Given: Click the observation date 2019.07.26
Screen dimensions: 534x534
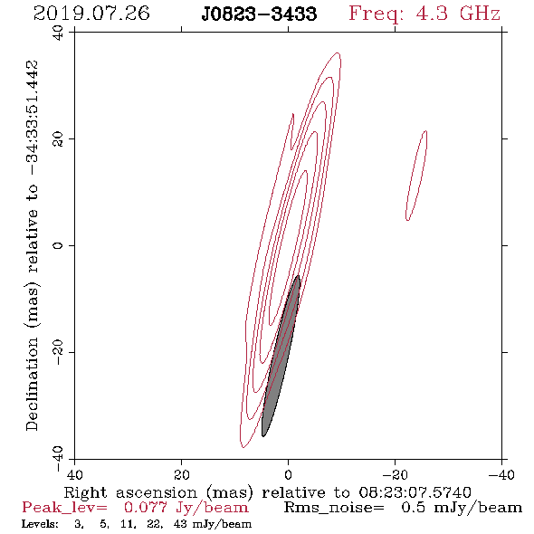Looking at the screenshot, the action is click(x=91, y=14).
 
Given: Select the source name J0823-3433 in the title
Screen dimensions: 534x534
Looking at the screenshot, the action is click(x=259, y=14).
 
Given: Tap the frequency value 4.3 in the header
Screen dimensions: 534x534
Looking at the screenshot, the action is click(x=432, y=14).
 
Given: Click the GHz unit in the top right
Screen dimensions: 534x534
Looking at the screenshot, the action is click(x=480, y=14).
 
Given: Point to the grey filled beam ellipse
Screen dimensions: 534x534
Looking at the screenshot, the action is click(x=281, y=356).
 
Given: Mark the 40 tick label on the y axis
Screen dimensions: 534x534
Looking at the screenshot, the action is click(x=58, y=33).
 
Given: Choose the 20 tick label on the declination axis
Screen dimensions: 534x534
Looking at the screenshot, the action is click(x=58, y=139).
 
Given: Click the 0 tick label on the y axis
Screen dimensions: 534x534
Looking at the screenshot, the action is click(x=58, y=245).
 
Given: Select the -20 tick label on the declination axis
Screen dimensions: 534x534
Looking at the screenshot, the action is click(x=58, y=352).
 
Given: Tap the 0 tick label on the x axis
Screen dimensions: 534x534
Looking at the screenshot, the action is click(x=288, y=474).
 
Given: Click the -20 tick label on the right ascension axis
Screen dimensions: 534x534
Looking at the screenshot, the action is click(x=395, y=474).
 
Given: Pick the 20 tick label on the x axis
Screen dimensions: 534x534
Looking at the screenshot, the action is click(x=182, y=474).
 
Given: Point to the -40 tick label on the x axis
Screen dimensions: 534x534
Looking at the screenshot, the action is click(x=501, y=474).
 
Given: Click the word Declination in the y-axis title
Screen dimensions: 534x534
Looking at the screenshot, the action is click(x=32, y=385).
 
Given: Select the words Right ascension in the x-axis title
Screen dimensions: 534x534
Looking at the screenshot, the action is click(x=130, y=492).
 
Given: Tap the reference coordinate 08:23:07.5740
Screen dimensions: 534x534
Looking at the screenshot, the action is click(x=415, y=492).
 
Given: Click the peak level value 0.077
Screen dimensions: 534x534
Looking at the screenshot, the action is click(x=145, y=508).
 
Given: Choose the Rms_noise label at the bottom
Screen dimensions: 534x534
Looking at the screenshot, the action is click(x=334, y=508).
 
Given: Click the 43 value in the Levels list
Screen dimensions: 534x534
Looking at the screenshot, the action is click(x=180, y=523).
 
